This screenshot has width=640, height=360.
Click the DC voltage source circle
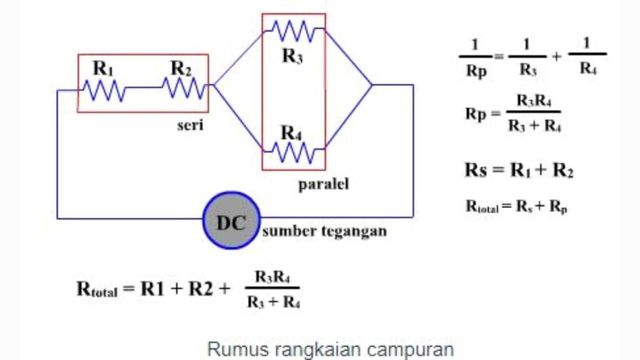[x=231, y=220]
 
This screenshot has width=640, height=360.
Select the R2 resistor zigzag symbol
[x=184, y=88]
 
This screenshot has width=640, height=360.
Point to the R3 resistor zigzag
[x=293, y=29]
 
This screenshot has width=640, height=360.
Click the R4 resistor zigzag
[x=293, y=151]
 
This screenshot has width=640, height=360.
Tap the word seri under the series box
[x=189, y=124]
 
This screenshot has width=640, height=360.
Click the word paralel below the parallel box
[x=323, y=185]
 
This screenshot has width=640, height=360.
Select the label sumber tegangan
[x=324, y=231]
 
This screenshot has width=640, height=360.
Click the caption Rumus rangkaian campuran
[x=330, y=349]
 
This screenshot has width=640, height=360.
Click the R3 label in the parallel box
[x=292, y=56]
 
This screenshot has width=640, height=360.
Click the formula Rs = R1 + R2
[x=518, y=170]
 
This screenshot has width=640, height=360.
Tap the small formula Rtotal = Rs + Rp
[x=516, y=206]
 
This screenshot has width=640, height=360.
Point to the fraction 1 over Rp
[x=475, y=57]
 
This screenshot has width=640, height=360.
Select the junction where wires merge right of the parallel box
[x=372, y=84]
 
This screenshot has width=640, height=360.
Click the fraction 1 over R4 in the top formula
[x=587, y=57]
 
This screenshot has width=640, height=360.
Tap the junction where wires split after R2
[x=213, y=84]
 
